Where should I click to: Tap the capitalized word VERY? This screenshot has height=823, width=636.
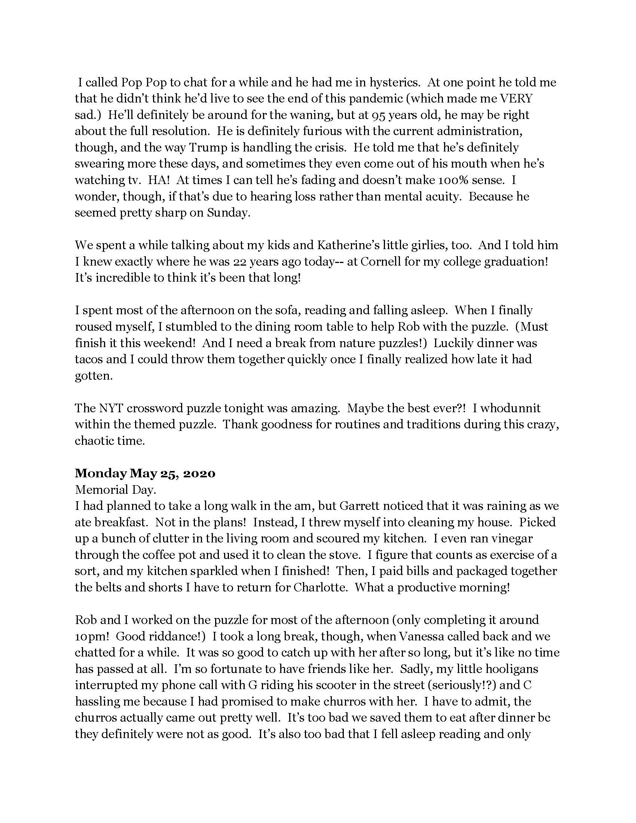click(x=516, y=99)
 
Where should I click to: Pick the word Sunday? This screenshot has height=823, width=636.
click(x=227, y=213)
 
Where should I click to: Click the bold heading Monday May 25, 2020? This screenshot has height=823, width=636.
click(x=145, y=473)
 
